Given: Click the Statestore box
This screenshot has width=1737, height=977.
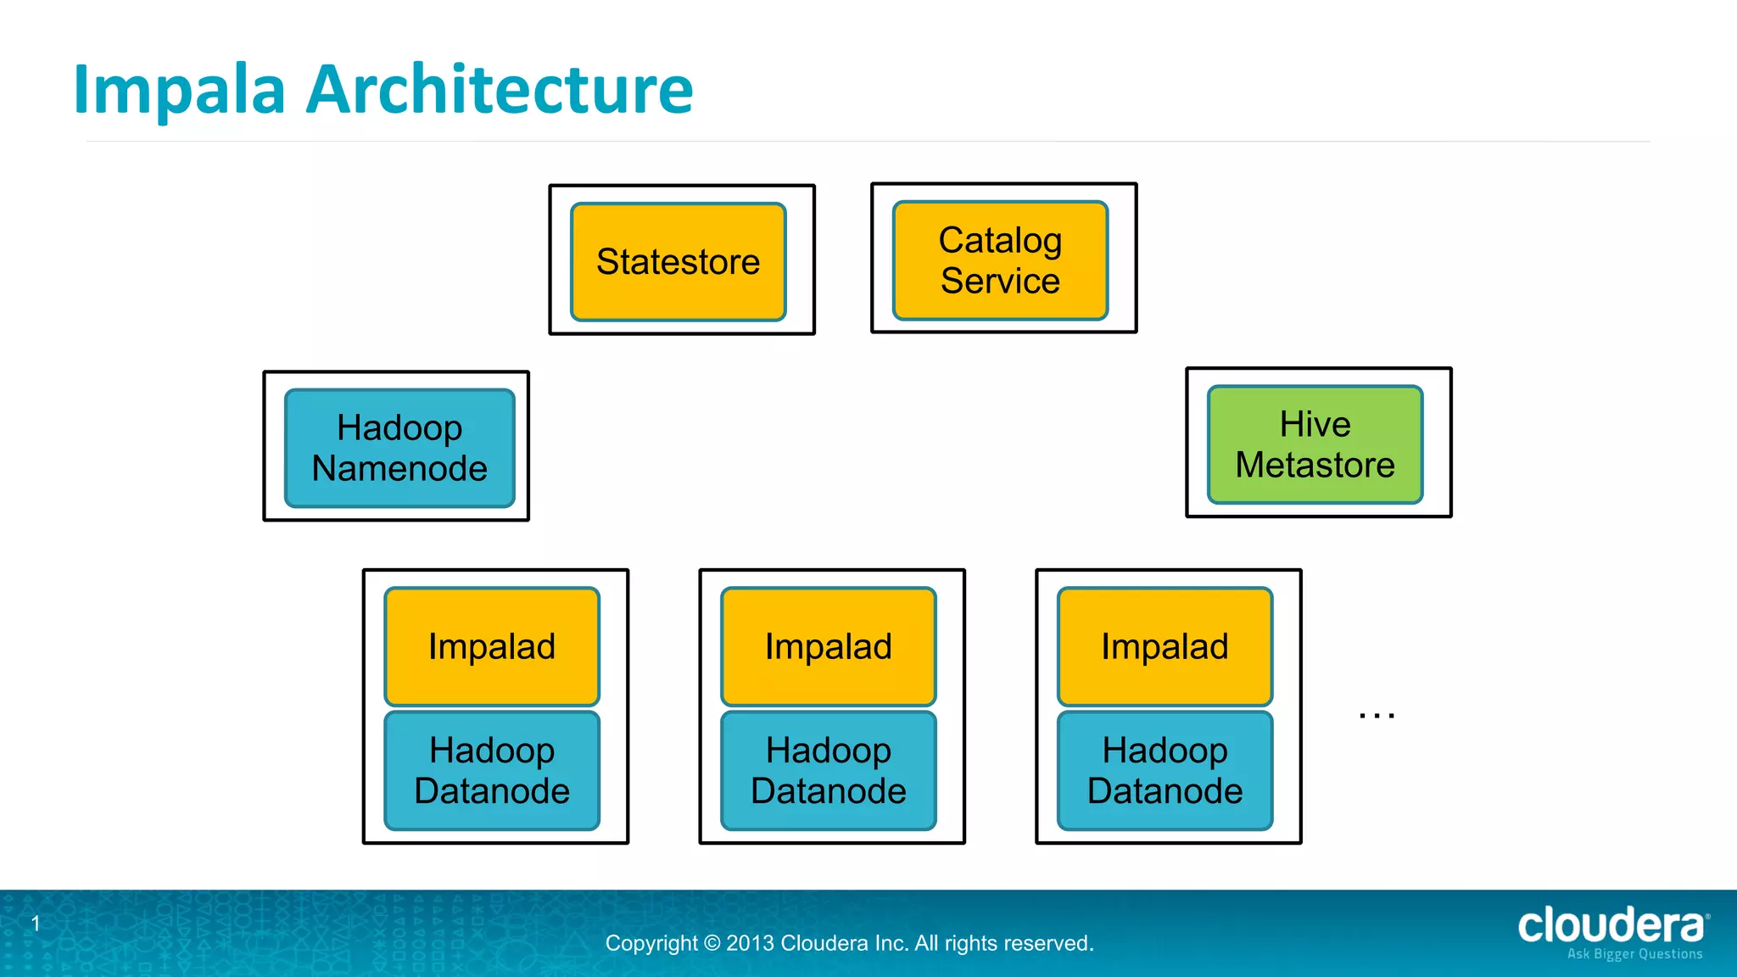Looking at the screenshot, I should (678, 261).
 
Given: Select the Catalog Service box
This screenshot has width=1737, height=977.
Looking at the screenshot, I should (1000, 260).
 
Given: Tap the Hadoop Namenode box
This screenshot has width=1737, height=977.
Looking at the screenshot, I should (399, 448).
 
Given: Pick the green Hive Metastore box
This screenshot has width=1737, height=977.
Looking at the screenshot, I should (1315, 444).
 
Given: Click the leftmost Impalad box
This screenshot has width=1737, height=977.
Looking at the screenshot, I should (492, 646).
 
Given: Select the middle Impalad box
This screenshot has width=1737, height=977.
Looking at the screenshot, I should (829, 646).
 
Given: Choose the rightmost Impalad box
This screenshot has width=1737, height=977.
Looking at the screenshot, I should (1165, 646).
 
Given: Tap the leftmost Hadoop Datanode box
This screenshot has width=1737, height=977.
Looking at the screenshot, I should (492, 770).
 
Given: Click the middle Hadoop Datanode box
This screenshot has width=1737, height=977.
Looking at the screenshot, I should (829, 770).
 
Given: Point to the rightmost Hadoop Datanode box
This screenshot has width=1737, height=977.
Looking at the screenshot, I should (1165, 770).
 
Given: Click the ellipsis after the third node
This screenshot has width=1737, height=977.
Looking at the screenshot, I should (1377, 716).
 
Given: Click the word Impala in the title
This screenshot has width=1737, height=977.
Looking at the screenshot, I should (179, 90).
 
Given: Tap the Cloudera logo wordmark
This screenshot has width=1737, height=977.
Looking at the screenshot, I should (1610, 925).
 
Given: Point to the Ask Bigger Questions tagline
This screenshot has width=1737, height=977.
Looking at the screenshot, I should (1634, 954).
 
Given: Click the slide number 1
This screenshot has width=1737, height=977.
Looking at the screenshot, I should (36, 923).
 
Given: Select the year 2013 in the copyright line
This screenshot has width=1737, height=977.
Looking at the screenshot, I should (750, 943).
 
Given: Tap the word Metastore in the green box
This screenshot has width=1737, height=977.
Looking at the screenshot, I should (1315, 465).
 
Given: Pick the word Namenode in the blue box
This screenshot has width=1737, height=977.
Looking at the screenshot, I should (399, 468).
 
